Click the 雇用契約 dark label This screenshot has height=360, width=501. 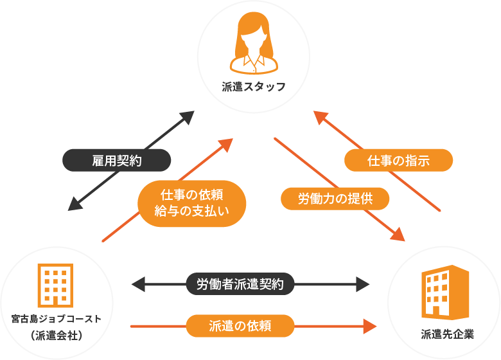(116, 160)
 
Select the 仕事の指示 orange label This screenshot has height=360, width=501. (399, 160)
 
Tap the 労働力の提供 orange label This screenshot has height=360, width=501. (335, 199)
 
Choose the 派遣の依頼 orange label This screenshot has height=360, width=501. (240, 325)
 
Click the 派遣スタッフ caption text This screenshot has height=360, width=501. (254, 87)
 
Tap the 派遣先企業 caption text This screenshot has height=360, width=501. (447, 334)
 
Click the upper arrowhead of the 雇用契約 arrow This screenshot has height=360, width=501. (187, 116)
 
